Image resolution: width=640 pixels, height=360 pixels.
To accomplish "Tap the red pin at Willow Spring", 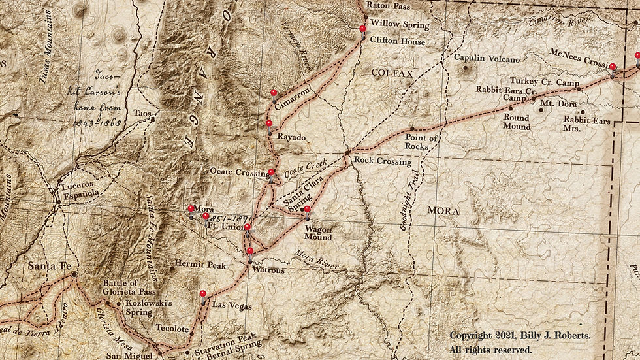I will pos(362,29).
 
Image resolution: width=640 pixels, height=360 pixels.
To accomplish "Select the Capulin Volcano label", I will pos(487,58).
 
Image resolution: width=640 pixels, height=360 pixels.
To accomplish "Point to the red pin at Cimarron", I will pos(273,93).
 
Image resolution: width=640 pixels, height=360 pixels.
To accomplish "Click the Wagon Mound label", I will pos(318,233).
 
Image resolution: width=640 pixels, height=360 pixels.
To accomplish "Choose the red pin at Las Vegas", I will pos(202,294).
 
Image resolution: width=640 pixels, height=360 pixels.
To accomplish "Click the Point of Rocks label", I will pos(421,142).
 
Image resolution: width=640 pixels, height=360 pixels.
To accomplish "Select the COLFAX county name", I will pos(392,74).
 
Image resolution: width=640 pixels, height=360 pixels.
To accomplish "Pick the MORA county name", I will pos(443,211).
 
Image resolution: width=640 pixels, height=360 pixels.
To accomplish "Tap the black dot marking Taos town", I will pos(152,120).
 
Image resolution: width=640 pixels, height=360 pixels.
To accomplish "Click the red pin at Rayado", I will pos(268,123).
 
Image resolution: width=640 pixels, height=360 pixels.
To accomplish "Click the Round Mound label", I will pos(516,122).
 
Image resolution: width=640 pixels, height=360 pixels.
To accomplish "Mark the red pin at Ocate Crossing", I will pos(271,172).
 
